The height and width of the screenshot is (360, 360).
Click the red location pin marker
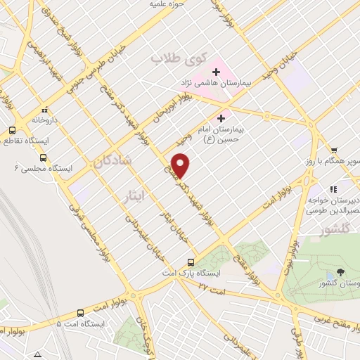182,165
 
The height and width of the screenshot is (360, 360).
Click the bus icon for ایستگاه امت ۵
81,313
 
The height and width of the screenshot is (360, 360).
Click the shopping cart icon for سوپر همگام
334,149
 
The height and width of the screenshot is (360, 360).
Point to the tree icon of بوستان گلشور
341,271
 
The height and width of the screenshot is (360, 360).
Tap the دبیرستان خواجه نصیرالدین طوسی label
336,204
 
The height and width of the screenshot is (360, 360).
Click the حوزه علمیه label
167,4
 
